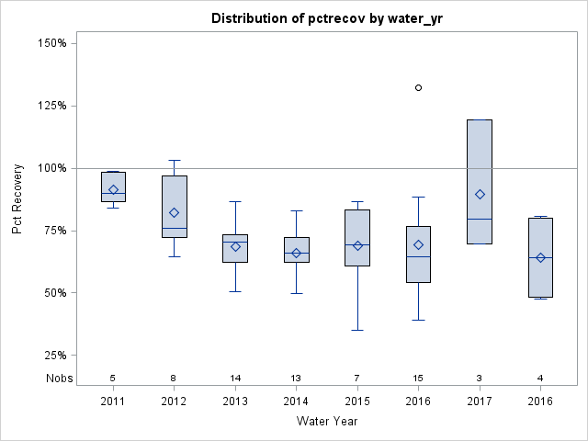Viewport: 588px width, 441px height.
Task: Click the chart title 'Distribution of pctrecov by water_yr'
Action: pos(326,18)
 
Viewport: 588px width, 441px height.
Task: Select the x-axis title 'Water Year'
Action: pos(326,421)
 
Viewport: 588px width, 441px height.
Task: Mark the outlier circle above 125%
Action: pos(418,87)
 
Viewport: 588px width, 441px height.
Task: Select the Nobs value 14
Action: pos(235,378)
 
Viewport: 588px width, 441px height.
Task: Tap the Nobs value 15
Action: pos(418,378)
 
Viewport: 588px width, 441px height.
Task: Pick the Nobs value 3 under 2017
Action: pos(480,378)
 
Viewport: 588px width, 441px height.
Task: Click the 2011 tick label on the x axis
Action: pos(113,401)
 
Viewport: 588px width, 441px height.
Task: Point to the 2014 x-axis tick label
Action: pos(296,401)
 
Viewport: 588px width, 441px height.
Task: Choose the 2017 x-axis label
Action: pos(480,401)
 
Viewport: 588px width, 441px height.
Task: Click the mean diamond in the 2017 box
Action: pos(480,194)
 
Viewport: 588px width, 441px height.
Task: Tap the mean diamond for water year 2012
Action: pos(174,212)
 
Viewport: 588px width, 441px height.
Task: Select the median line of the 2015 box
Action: pos(357,245)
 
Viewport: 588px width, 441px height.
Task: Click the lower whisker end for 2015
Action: pos(357,330)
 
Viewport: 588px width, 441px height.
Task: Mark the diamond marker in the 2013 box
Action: pos(235,246)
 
